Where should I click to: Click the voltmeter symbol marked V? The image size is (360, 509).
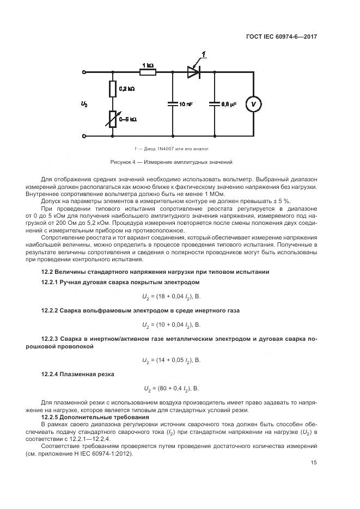pyautogui.click(x=253, y=103)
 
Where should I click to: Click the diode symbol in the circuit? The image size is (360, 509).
pyautogui.click(x=193, y=71)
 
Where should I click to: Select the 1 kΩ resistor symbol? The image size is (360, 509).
pyautogui.click(x=148, y=71)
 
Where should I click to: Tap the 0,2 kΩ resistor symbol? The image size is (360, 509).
pyautogui.click(x=113, y=89)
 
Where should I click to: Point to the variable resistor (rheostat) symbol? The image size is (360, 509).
pyautogui.click(x=113, y=119)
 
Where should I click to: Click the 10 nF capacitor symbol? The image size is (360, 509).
pyautogui.click(x=173, y=103)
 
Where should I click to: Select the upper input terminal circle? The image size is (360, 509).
pyautogui.click(x=84, y=71)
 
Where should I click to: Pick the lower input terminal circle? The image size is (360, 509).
pyautogui.click(x=84, y=136)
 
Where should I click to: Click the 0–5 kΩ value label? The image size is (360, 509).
pyautogui.click(x=127, y=119)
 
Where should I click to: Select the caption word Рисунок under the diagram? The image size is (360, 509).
pyautogui.click(x=123, y=162)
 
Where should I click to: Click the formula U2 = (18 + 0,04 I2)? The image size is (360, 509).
pyautogui.click(x=171, y=296)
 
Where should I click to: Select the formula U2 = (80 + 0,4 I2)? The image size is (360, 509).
pyautogui.click(x=171, y=389)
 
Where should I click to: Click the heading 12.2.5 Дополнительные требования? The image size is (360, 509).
pyautogui.click(x=91, y=416)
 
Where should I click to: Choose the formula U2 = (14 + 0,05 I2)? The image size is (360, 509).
pyautogui.click(x=171, y=360)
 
